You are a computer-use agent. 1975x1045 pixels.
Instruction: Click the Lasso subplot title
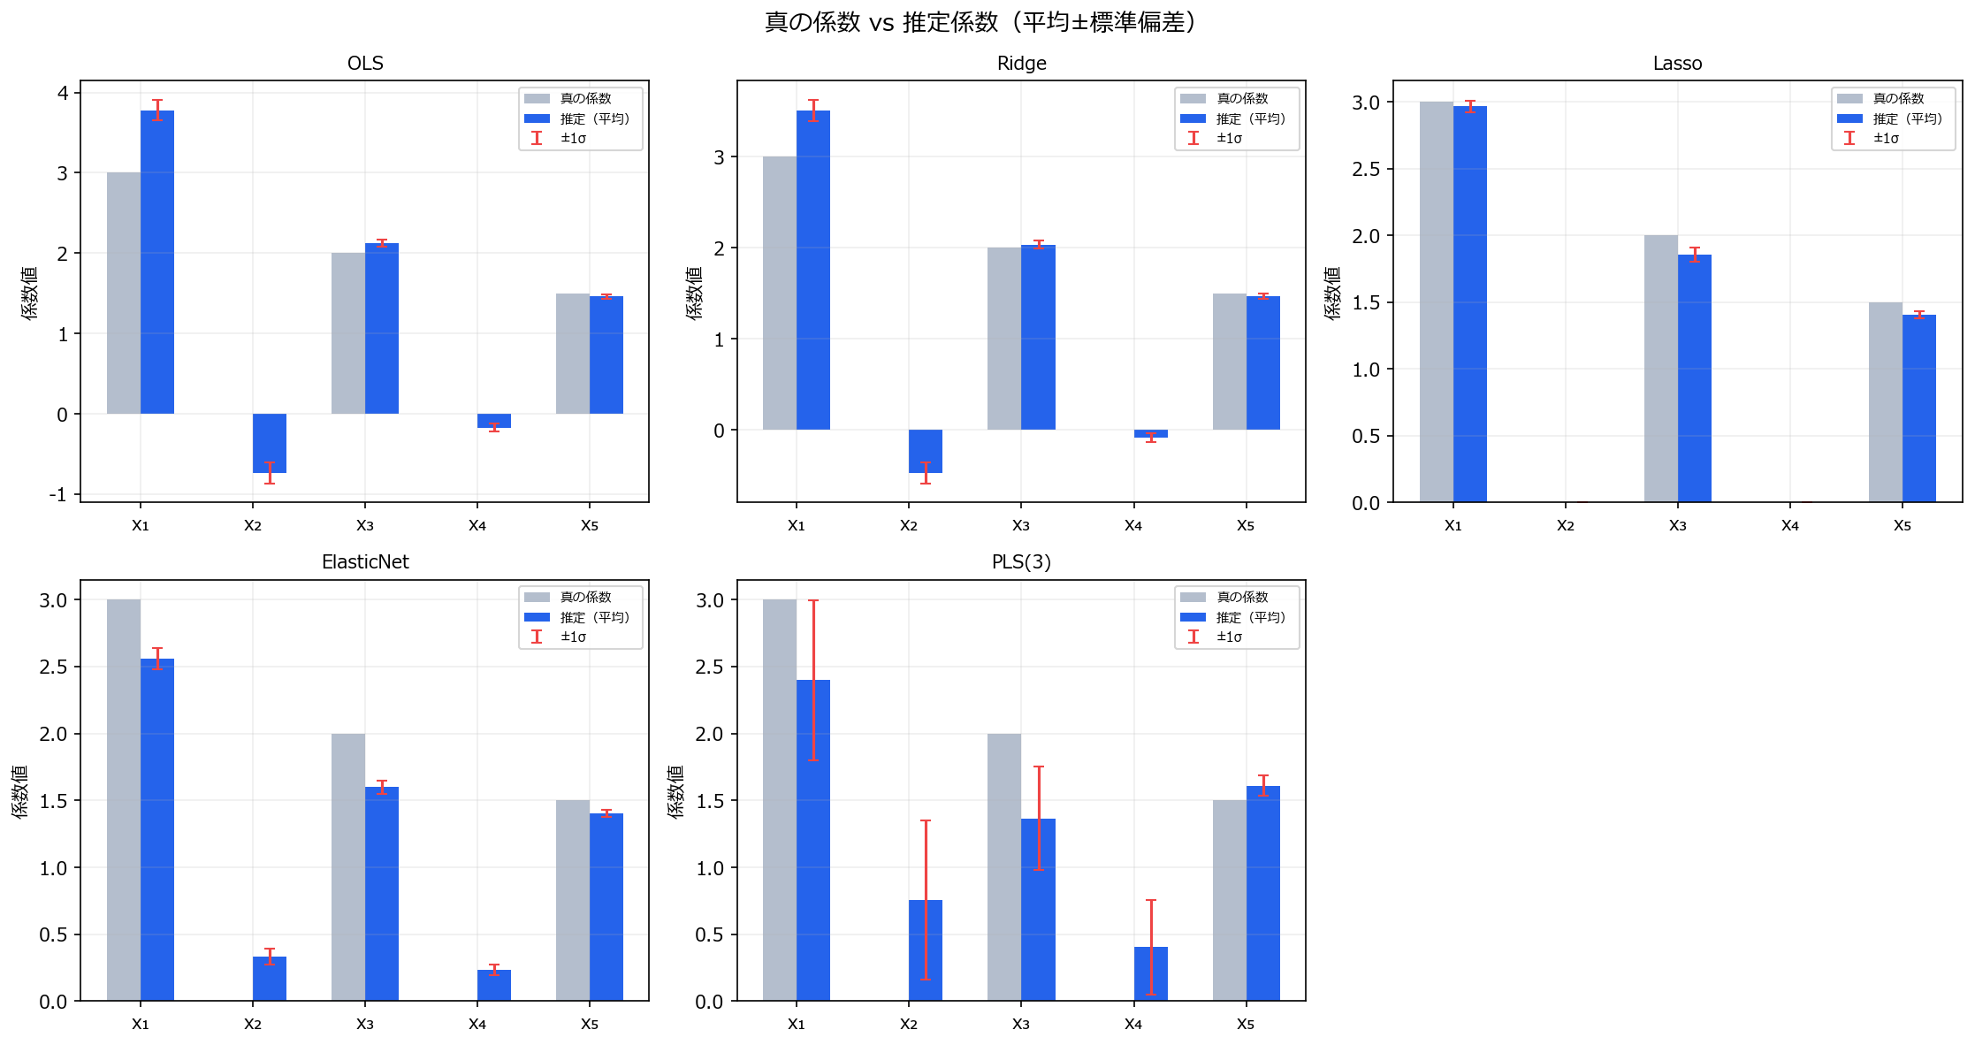[1677, 64]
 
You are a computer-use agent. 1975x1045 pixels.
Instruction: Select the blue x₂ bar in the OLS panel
[270, 442]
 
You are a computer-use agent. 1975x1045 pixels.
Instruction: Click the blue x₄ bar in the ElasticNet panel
[494, 985]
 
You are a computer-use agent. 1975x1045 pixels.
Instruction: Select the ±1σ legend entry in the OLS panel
[573, 138]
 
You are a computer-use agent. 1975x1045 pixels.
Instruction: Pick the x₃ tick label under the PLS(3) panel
[1021, 1023]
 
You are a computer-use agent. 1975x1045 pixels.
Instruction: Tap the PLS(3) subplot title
[1021, 562]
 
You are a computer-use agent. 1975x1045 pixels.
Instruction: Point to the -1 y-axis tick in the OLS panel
[57, 494]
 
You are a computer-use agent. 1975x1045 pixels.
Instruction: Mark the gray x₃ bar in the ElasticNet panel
[348, 866]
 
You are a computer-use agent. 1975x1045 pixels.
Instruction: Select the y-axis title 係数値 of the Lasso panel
[1332, 292]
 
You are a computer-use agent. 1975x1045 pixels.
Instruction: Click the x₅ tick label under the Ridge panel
[1246, 525]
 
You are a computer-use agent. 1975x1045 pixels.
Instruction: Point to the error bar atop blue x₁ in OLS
[157, 110]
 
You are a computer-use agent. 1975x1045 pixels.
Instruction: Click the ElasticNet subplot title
[365, 562]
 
